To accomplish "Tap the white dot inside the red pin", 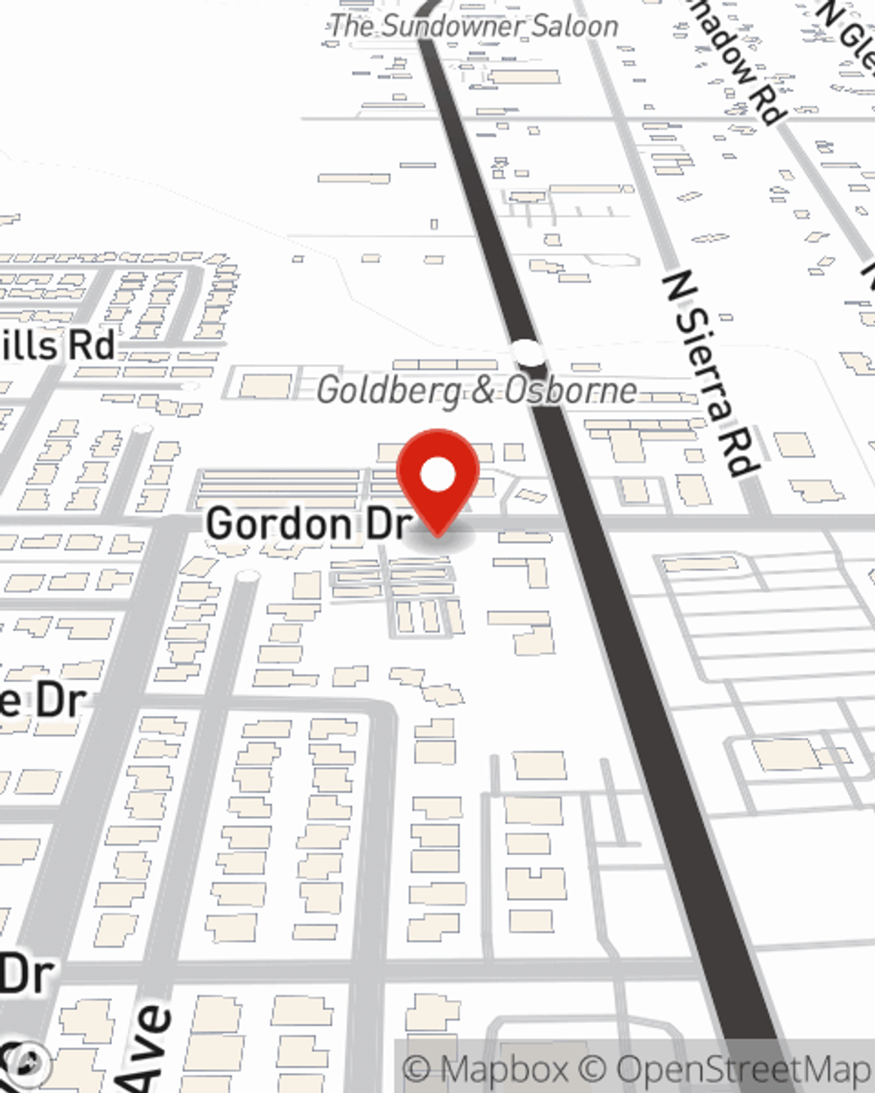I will tap(437, 476).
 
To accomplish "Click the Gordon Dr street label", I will tap(309, 524).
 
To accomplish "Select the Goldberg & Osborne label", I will tap(477, 390).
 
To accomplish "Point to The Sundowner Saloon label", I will tap(473, 25).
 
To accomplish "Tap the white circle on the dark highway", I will tap(528, 352).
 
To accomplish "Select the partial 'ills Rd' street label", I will tap(58, 345).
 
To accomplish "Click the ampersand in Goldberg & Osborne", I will tap(482, 391).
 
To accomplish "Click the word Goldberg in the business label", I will tap(388, 390).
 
